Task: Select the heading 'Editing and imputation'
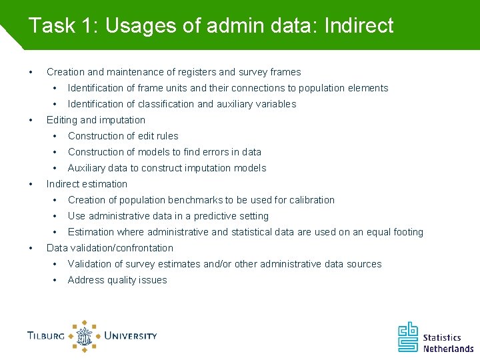(x=95, y=120)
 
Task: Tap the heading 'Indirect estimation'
(x=87, y=184)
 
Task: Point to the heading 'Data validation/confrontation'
(x=109, y=248)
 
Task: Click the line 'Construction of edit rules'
(x=123, y=136)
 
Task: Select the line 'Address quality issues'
(x=117, y=280)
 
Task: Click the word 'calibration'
(x=311, y=200)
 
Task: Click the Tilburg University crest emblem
(x=85, y=336)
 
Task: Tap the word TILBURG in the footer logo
(x=46, y=335)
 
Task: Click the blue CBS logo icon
(x=408, y=337)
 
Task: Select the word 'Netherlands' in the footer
(x=448, y=348)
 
